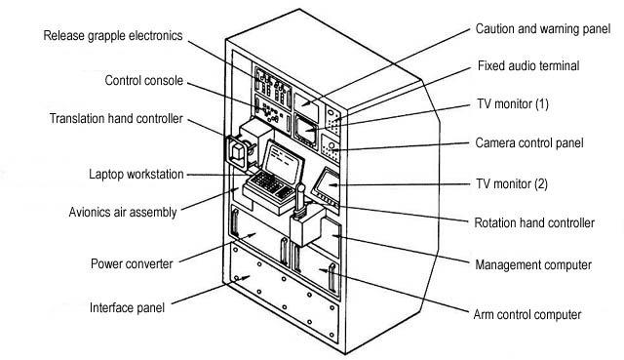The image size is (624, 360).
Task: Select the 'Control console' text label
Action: click(143, 81)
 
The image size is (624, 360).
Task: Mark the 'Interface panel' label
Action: click(126, 307)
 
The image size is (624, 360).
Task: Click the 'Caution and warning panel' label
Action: click(541, 29)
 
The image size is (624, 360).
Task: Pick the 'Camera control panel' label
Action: click(529, 142)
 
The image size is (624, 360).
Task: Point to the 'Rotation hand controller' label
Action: click(533, 223)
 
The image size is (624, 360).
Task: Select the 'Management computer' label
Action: click(532, 265)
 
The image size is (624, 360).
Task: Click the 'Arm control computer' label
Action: click(526, 314)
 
